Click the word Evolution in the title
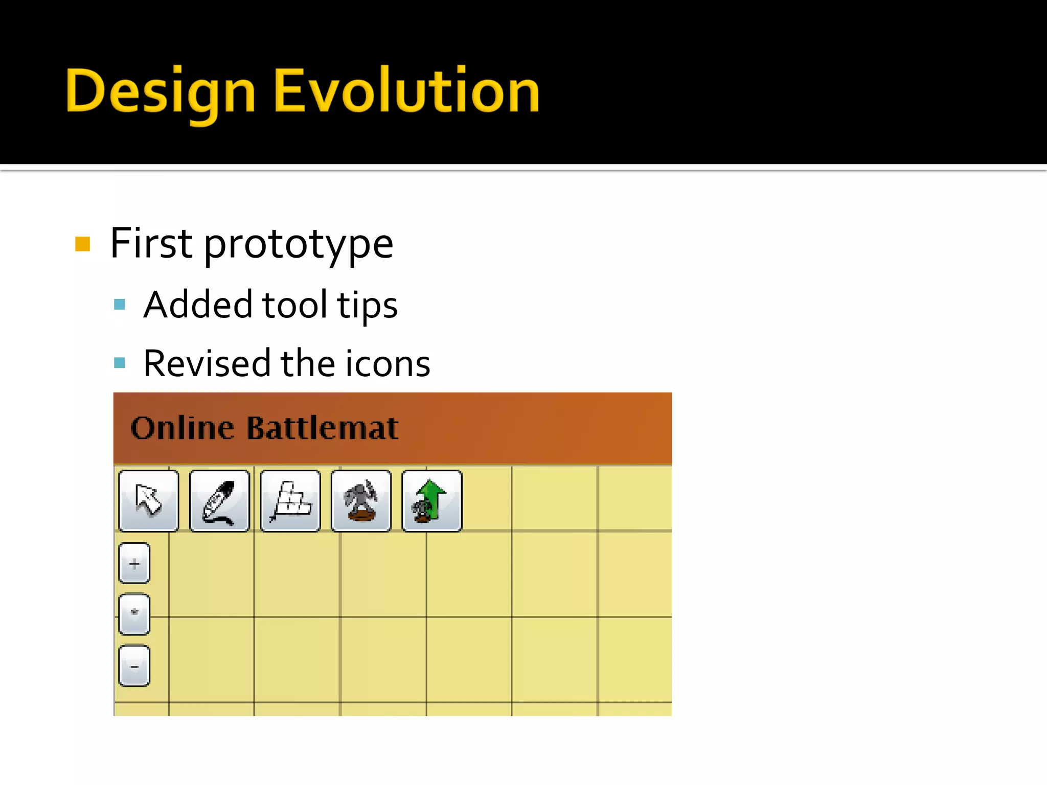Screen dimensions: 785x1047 [x=406, y=91]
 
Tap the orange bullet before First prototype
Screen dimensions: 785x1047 [x=82, y=244]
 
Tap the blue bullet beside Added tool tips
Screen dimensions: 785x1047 [x=120, y=305]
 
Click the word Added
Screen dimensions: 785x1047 [x=198, y=305]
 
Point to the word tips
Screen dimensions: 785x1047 [x=367, y=306]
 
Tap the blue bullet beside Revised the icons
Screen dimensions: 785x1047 [x=120, y=363]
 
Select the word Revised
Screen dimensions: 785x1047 [x=207, y=363]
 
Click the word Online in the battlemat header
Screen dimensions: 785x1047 [x=182, y=428]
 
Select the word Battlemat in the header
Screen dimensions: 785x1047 [x=322, y=428]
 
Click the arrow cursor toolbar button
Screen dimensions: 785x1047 [x=149, y=501]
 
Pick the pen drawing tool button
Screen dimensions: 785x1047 [x=219, y=501]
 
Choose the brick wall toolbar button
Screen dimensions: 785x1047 [x=290, y=501]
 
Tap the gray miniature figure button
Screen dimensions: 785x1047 [x=361, y=501]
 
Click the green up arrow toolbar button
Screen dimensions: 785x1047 [x=431, y=501]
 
